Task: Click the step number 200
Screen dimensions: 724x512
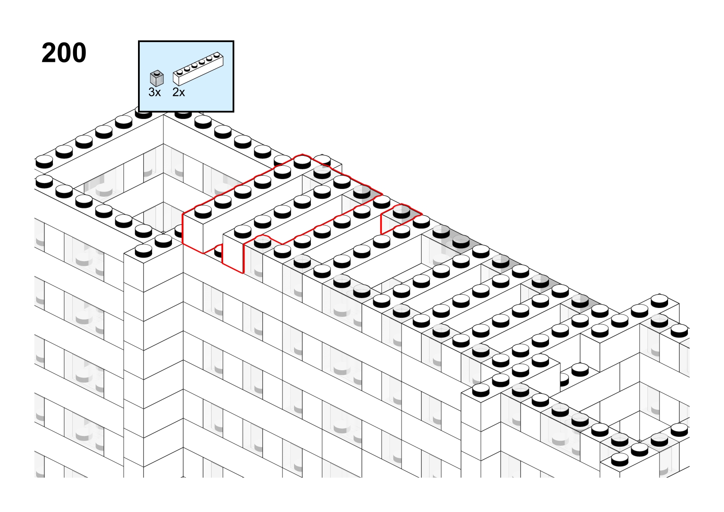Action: (x=64, y=53)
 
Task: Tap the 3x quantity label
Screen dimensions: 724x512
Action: (x=154, y=92)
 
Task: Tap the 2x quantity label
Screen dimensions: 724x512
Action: (x=178, y=92)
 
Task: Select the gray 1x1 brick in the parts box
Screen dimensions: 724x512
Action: (x=157, y=79)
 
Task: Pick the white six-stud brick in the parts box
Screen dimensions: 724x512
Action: (x=198, y=69)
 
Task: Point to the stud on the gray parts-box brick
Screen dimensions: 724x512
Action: (x=157, y=73)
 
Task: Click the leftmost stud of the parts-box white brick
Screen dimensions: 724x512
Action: (x=180, y=72)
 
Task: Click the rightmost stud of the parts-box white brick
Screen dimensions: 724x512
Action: (x=217, y=55)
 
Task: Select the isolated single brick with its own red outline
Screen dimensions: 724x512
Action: (x=401, y=219)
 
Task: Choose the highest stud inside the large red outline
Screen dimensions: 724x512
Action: (x=302, y=162)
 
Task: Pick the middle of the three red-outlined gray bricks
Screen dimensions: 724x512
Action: (x=362, y=192)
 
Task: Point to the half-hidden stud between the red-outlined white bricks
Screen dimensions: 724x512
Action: (x=218, y=250)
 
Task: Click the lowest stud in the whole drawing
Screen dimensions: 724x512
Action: (x=620, y=459)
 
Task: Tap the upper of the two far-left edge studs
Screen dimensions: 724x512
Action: (x=44, y=162)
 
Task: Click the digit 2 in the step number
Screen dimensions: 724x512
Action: (x=49, y=53)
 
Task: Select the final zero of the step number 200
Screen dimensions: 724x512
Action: (x=79, y=53)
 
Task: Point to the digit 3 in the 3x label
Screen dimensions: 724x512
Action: (x=152, y=92)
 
